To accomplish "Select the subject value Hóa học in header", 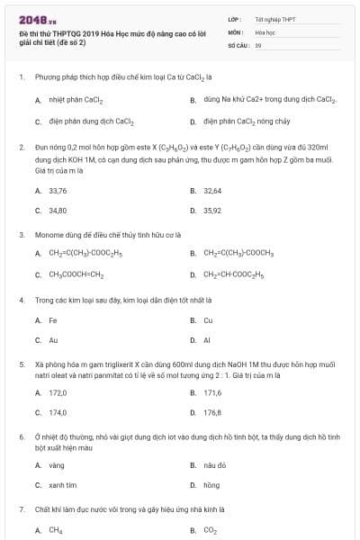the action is [265, 31].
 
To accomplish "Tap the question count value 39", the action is [258, 43].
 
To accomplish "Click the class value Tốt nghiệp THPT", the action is [275, 18].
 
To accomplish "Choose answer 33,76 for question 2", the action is [58, 191].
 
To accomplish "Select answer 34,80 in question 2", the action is [58, 210].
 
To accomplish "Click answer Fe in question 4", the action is [53, 320].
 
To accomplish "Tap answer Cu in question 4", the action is [208, 320].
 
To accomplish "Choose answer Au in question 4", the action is [53, 340].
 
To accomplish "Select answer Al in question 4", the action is [207, 340].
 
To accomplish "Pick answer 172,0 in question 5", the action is [58, 393].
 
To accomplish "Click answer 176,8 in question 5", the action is [212, 412].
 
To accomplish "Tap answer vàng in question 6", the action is [57, 465].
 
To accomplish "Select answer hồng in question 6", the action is [211, 485].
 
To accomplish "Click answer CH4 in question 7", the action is [56, 531].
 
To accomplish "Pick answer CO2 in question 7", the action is [210, 531].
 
